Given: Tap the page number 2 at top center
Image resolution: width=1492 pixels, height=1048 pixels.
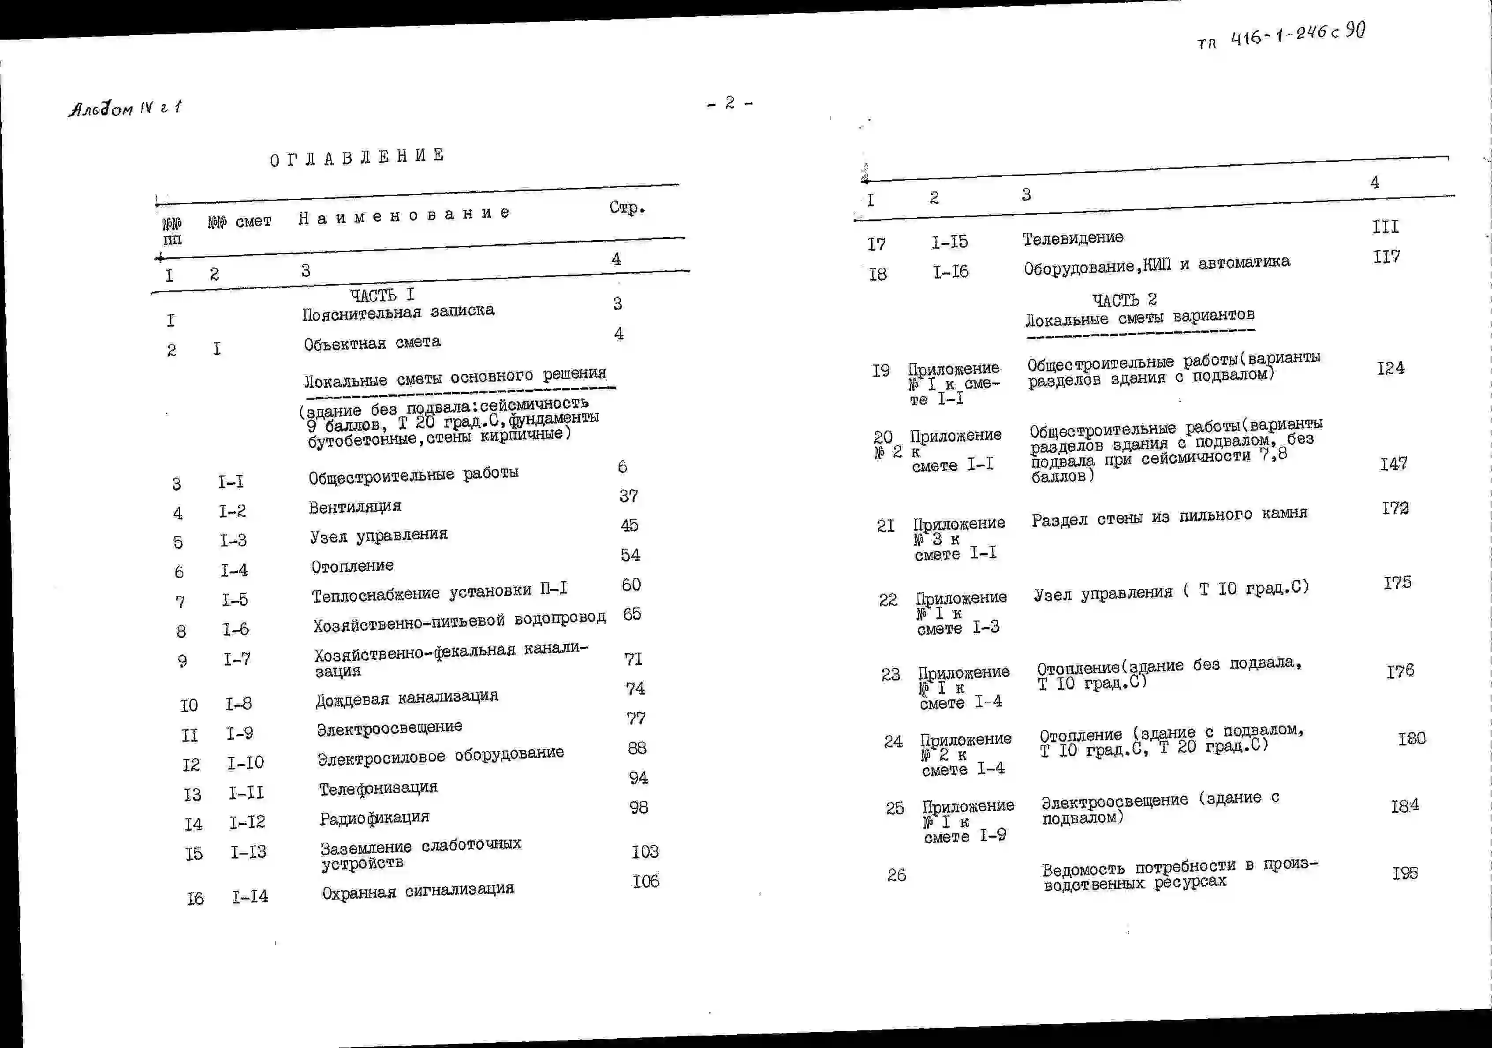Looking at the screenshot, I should pos(730,103).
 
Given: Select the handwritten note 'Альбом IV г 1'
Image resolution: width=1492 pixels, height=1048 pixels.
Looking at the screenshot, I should pos(125,108).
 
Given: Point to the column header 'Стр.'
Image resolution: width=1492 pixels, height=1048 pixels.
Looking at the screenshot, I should pos(627,208).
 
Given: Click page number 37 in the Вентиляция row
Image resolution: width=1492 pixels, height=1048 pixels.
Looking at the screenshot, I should pos(628,496).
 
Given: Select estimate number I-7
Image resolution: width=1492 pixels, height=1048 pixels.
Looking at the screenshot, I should pos(237,659).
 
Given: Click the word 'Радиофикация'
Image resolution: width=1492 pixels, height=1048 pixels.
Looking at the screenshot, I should pos(374,818).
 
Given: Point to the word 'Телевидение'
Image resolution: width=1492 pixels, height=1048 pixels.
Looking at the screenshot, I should pos(1073,238).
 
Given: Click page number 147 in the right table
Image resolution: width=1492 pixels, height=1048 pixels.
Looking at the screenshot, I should pos(1393,464).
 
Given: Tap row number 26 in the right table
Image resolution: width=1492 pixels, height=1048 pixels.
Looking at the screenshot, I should pos(896,875).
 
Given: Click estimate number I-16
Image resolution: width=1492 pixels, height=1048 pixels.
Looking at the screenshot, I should pos(951,271).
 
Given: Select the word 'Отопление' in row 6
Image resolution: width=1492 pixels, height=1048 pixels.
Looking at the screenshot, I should pos(352,566).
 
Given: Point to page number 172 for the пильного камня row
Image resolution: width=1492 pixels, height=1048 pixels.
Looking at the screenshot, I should pos(1395,508).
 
